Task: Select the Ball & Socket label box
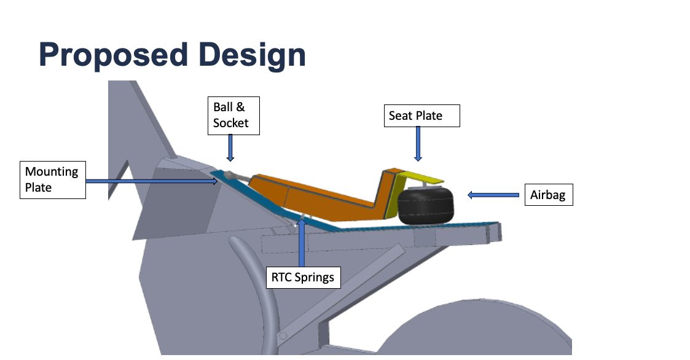233,115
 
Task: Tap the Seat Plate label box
421,115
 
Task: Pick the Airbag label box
549,196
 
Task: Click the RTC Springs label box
304,277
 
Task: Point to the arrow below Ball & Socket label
230,148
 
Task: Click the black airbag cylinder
425,207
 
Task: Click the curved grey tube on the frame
252,289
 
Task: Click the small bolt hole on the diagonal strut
283,335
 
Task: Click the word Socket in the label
231,123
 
